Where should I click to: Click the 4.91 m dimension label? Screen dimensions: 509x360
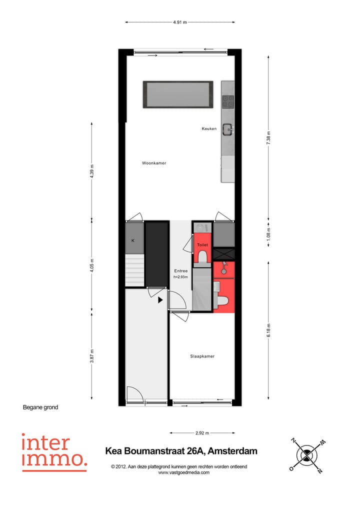[x=180, y=22]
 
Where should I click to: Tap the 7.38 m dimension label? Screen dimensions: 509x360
[x=268, y=140]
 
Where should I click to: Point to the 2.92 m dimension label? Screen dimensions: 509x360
[x=202, y=433]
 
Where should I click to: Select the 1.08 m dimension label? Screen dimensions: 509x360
[x=268, y=233]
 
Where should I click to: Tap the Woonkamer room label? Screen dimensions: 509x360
[x=154, y=163]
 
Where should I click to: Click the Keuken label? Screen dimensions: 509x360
[x=209, y=128]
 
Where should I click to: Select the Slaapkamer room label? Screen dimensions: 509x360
[x=202, y=356]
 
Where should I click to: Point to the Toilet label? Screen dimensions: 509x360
[x=202, y=245]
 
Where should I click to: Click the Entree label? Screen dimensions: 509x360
[x=180, y=271]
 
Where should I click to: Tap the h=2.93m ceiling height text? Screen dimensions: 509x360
[x=180, y=276]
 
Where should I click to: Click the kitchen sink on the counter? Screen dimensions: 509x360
[x=228, y=129]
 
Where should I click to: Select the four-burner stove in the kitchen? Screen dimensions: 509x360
[x=228, y=101]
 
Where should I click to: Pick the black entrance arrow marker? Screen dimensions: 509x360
[x=160, y=300]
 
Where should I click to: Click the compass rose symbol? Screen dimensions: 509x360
[x=306, y=454]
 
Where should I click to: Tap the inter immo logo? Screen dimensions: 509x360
[x=53, y=452]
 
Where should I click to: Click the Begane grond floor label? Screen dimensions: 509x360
[x=40, y=407]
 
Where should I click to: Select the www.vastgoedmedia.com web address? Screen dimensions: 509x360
[x=183, y=472]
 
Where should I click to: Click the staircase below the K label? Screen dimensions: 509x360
[x=134, y=270]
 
